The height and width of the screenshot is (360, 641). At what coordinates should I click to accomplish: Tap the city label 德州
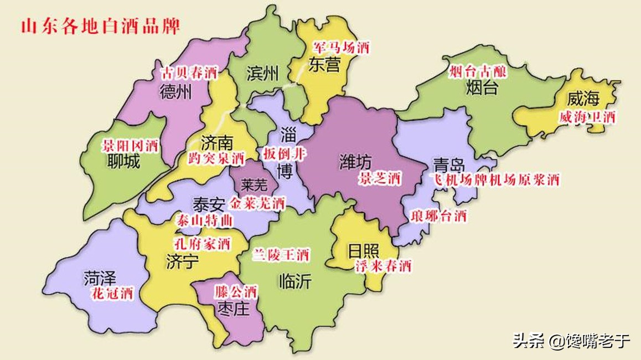pyautogui.click(x=175, y=91)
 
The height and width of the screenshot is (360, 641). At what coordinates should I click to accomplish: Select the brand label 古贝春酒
pyautogui.click(x=189, y=73)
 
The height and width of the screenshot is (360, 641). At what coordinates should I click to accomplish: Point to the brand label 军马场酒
pyautogui.click(x=340, y=48)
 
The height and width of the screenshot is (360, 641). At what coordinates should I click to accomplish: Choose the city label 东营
pyautogui.click(x=324, y=65)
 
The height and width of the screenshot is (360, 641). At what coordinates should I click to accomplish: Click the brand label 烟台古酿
pyautogui.click(x=478, y=70)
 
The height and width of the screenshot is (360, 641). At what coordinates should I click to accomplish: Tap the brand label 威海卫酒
pyautogui.click(x=587, y=117)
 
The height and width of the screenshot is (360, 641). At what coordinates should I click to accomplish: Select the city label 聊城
pyautogui.click(x=124, y=162)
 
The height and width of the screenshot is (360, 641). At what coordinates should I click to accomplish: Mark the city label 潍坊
pyautogui.click(x=355, y=162)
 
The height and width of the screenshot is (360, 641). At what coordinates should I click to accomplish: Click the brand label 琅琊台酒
pyautogui.click(x=438, y=216)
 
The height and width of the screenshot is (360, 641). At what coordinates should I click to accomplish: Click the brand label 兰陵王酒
pyautogui.click(x=281, y=255)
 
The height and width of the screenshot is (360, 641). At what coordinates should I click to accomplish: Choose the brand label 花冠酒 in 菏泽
pyautogui.click(x=112, y=294)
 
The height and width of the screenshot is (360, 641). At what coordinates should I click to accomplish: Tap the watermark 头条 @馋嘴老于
pyautogui.click(x=571, y=340)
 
